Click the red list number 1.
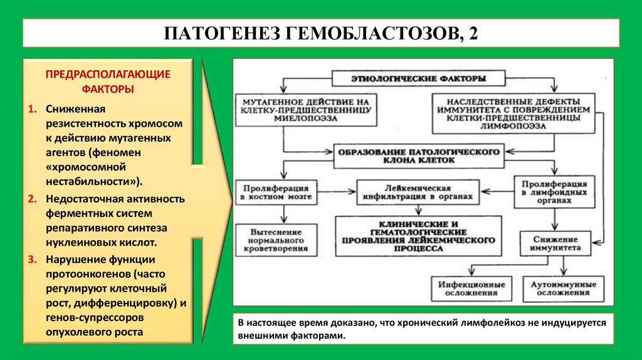tap(32, 109)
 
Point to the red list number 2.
tap(32, 199)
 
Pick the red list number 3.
tap(32, 259)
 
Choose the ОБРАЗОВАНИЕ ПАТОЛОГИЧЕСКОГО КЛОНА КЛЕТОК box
tap(419, 156)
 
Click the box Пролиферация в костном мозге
tap(272, 192)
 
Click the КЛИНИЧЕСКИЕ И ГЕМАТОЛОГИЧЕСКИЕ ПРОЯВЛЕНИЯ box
tap(419, 236)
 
